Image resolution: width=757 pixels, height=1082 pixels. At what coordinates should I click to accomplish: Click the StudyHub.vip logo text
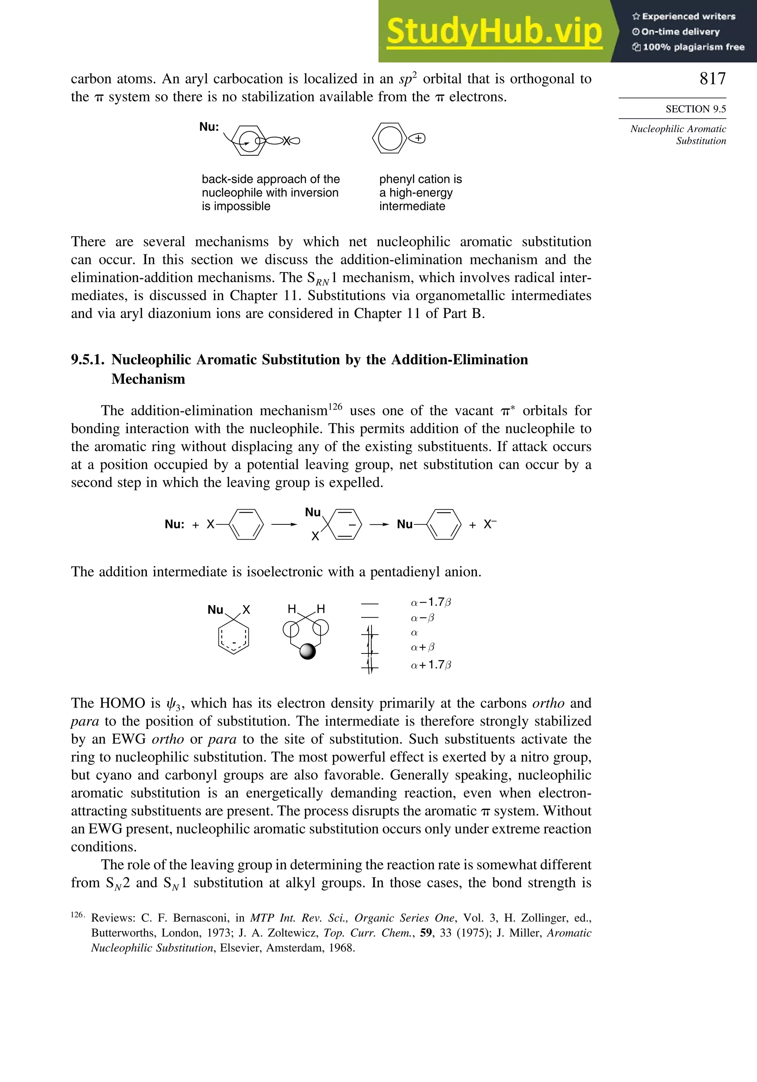pos(494,31)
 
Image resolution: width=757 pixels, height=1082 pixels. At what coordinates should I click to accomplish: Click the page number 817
pos(712,79)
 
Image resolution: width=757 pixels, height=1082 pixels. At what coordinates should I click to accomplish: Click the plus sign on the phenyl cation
pos(420,138)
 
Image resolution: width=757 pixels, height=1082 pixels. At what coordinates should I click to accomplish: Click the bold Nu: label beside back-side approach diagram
pos(209,127)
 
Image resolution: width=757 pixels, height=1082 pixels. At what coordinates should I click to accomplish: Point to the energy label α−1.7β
pos(431,602)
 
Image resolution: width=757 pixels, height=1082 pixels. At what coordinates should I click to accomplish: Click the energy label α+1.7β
pos(431,665)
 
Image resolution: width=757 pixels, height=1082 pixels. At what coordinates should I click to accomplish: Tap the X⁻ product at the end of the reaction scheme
pos(490,524)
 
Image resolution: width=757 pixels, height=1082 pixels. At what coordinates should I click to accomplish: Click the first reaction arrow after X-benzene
pos(284,524)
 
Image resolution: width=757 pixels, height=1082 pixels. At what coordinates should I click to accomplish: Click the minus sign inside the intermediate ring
pos(352,524)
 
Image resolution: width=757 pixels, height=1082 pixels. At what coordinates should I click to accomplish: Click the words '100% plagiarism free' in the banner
pos(693,47)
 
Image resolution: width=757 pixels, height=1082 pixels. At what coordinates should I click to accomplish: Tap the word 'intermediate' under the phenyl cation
pos(412,206)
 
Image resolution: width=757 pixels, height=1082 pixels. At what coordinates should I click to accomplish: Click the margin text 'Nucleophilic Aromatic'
pos(678,129)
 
